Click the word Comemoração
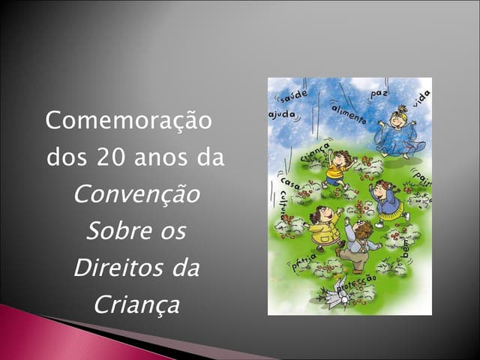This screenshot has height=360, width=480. [x=129, y=120]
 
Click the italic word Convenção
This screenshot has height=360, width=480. [x=137, y=195]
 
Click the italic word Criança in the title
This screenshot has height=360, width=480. [x=137, y=305]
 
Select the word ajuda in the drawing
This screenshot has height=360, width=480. [x=281, y=116]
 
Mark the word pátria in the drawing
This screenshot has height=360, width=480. [x=305, y=262]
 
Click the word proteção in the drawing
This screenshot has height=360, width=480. [x=355, y=283]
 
